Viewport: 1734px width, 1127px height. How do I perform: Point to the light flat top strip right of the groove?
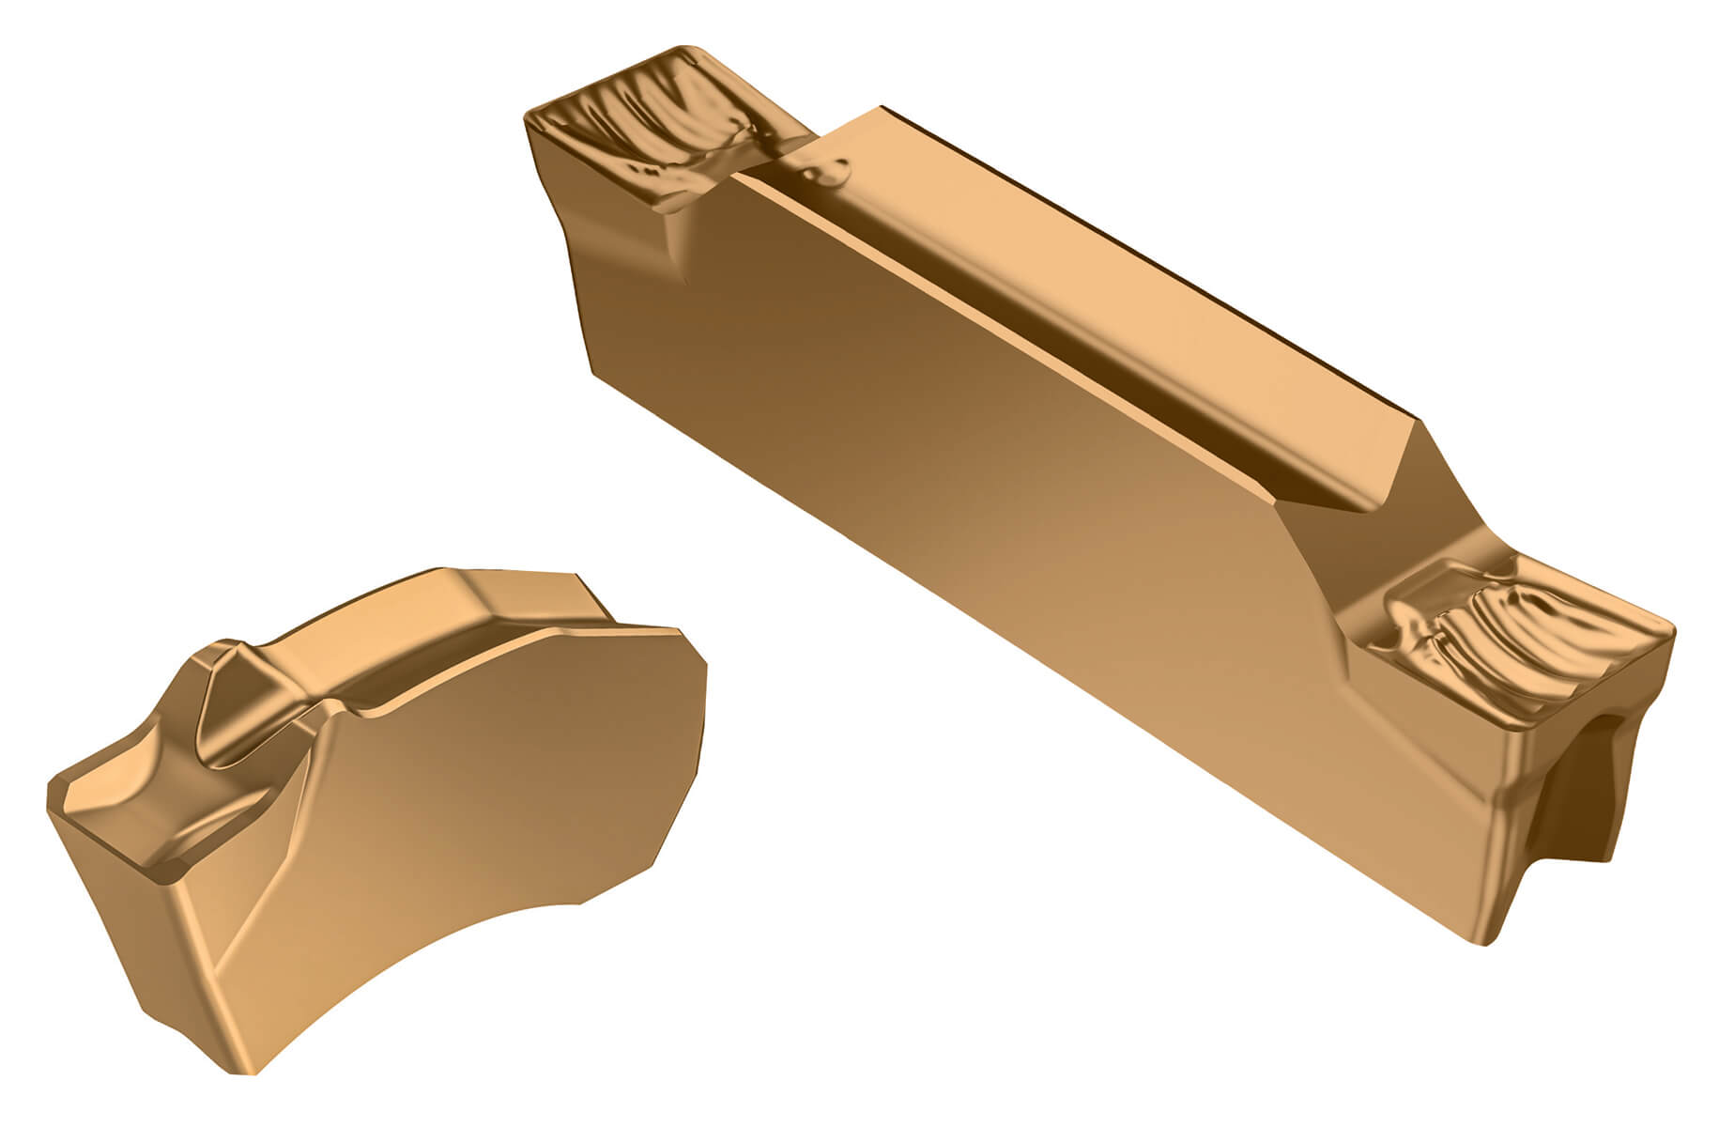click(x=1174, y=272)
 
